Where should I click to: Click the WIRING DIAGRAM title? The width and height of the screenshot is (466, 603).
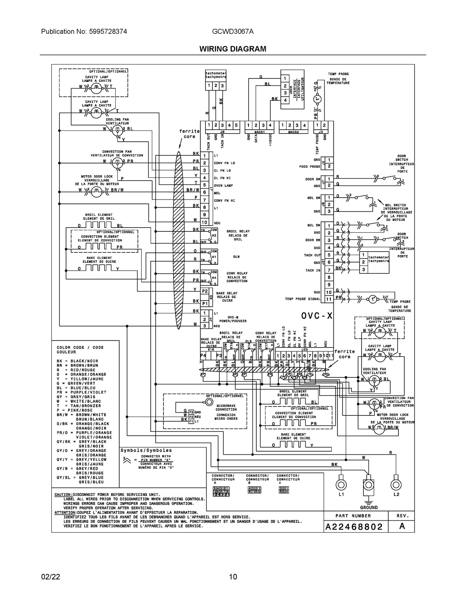233,49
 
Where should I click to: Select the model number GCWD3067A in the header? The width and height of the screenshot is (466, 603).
233,32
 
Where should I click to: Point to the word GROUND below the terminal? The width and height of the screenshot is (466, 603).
369,507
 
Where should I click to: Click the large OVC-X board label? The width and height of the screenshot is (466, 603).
317,316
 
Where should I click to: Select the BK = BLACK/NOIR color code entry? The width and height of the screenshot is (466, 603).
77,361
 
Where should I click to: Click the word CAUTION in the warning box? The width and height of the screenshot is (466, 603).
63,494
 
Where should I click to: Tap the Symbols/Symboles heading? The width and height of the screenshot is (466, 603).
146,450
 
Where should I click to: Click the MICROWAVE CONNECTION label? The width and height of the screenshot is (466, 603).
226,407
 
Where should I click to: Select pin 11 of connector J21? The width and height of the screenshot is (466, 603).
329,299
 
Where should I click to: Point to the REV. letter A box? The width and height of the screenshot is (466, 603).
402,527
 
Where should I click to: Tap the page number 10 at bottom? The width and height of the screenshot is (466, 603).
233,577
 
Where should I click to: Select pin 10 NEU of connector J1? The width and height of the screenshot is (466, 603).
204,222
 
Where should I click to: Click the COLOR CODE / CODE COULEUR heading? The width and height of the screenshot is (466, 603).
80,350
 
